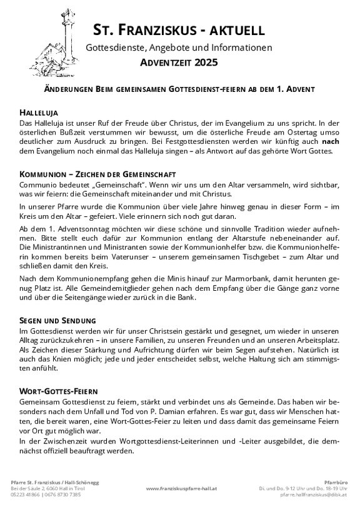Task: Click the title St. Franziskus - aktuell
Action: [179, 29]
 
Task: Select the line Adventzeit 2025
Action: [179, 63]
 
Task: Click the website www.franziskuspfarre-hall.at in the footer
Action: [181, 487]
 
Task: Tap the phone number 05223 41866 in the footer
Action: [29, 494]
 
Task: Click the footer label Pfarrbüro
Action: [329, 481]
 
